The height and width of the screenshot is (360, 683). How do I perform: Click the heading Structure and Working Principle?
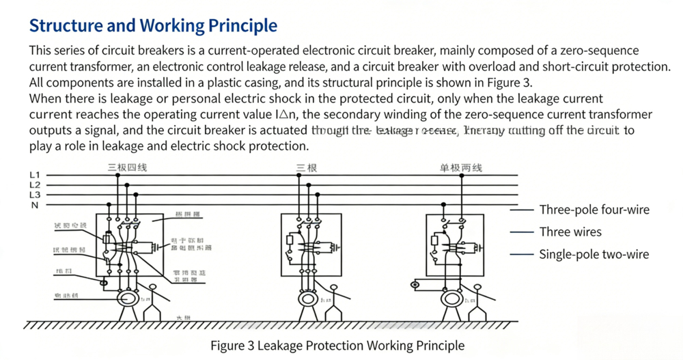(153, 26)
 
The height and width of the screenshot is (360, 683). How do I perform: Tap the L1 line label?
(35, 176)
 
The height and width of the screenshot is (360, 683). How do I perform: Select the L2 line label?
(35, 185)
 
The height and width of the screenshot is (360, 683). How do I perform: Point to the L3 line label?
(35, 195)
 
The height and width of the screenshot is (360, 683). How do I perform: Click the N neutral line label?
(35, 205)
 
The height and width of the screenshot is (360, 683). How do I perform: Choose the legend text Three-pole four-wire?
(594, 210)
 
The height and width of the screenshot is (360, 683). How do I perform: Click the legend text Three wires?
(570, 232)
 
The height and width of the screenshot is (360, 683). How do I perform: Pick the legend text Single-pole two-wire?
(594, 255)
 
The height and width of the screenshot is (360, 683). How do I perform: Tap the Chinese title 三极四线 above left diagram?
(127, 167)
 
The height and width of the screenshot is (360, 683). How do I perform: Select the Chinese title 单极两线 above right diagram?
(462, 167)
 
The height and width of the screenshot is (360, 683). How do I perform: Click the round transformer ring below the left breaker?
(126, 298)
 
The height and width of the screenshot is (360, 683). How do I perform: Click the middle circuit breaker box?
(311, 245)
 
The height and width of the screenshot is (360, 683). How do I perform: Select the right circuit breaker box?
(455, 245)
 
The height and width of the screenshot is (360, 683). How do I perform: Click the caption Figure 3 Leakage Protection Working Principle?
(337, 345)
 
